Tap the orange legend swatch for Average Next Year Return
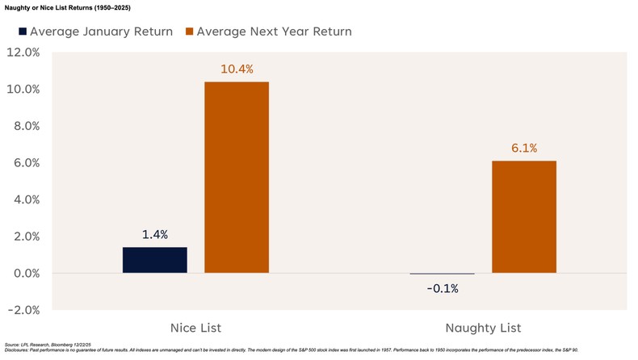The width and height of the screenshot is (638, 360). [x=189, y=31]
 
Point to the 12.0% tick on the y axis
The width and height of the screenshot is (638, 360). [x=22, y=52]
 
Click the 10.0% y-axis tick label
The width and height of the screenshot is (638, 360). [x=22, y=89]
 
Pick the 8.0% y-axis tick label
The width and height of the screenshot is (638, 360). [x=23, y=126]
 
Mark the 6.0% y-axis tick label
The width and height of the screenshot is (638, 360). [x=23, y=162]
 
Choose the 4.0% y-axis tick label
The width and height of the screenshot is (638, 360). [x=23, y=199]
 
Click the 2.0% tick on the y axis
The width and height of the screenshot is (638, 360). [x=23, y=237]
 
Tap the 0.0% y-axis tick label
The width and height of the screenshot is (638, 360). [x=23, y=273]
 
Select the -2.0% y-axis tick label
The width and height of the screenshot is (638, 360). [x=22, y=310]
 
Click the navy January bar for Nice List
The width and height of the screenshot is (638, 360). [x=155, y=260]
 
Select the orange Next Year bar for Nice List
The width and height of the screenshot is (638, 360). [x=237, y=178]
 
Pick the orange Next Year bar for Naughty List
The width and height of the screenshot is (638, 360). [x=524, y=217]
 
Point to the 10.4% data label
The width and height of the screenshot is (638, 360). [x=237, y=69]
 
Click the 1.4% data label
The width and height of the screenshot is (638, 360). [x=155, y=235]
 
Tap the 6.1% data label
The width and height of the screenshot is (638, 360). [x=524, y=149]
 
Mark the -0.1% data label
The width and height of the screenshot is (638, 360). [x=442, y=288]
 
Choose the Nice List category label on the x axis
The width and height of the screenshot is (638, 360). [x=195, y=328]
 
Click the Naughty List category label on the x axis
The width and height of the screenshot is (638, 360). [x=483, y=328]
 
